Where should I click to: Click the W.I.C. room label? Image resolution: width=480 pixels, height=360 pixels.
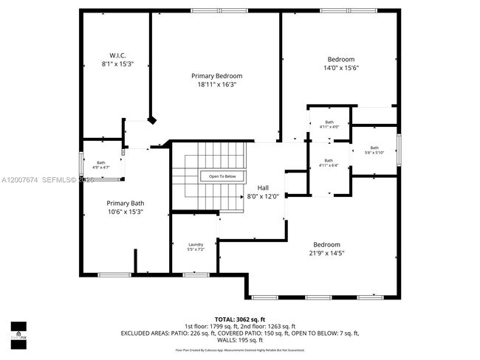click(117, 55)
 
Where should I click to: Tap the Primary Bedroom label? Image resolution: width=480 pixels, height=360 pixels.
click(216, 76)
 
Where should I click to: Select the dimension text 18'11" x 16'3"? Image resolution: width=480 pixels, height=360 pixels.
click(216, 84)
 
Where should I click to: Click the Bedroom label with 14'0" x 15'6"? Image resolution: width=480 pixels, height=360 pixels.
click(341, 60)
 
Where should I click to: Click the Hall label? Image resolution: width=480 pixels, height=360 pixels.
click(262, 187)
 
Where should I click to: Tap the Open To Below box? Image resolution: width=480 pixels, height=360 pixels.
click(222, 176)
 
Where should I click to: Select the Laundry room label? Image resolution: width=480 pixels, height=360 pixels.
click(196, 244)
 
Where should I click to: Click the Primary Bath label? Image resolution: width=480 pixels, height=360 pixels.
click(124, 203)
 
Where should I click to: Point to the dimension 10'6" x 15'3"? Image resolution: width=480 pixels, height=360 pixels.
click(124, 212)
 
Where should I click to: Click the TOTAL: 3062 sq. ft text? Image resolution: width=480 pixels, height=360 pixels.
click(239, 318)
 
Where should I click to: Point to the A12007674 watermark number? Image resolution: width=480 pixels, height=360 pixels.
click(20, 180)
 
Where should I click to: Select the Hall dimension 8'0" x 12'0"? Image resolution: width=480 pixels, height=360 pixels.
click(262, 196)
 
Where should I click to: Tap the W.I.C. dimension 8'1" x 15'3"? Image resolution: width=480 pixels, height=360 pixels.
click(117, 64)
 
